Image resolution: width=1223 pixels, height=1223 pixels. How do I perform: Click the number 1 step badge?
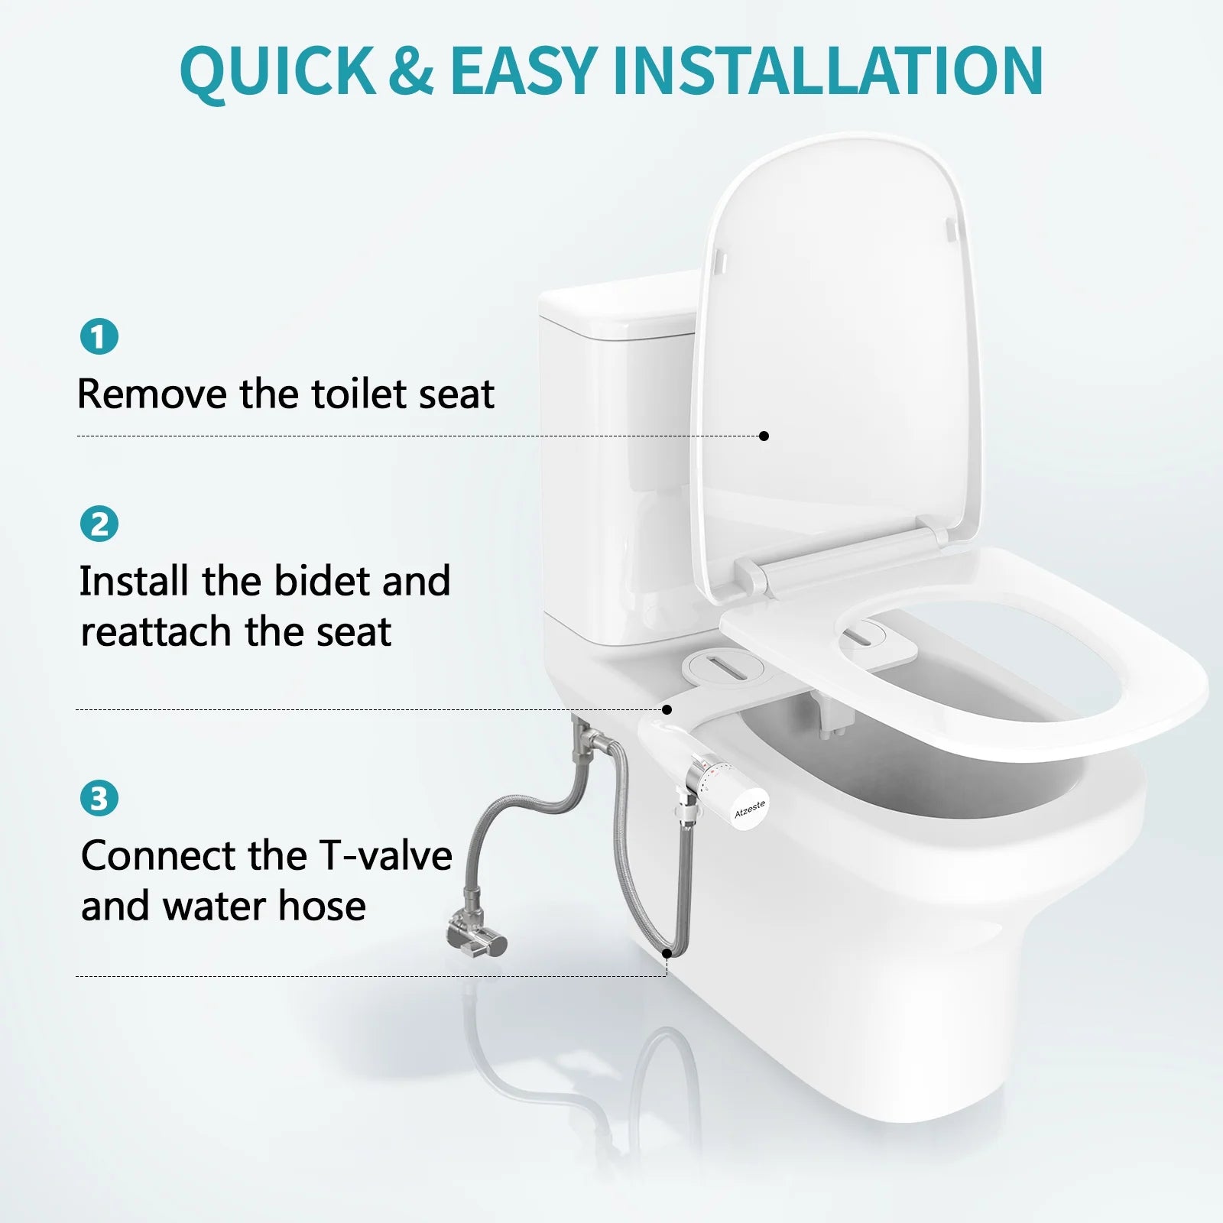click(x=99, y=336)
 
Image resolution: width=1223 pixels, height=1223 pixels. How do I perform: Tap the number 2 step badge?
click(x=99, y=524)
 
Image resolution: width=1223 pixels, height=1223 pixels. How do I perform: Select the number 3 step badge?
click(x=99, y=798)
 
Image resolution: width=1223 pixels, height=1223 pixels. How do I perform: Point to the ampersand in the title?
click(x=411, y=71)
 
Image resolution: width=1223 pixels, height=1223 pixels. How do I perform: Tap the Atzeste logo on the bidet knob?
click(x=749, y=809)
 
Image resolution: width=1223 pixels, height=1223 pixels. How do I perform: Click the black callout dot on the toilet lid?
click(x=764, y=436)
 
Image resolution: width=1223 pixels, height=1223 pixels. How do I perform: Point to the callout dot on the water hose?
click(x=667, y=953)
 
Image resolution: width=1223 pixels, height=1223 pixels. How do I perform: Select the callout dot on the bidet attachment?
click(x=667, y=709)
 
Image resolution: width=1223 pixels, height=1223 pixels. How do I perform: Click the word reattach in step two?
click(x=157, y=632)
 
